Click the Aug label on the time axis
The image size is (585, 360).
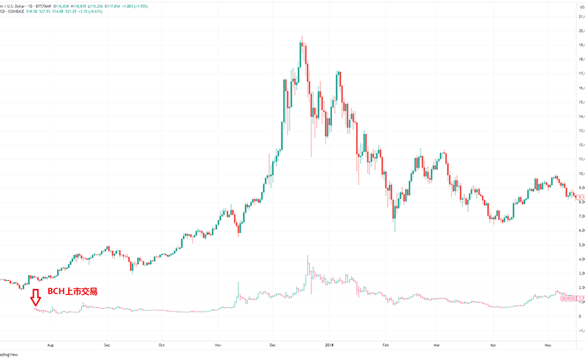coord(50,343)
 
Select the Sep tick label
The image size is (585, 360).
coord(107,343)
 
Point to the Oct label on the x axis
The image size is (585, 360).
coord(162,343)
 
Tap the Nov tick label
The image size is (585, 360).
coord(218,343)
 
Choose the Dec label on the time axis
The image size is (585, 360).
coord(273,343)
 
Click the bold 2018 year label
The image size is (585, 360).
coord(329,343)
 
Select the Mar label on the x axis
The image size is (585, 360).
coord(437,343)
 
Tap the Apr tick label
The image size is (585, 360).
coord(493,343)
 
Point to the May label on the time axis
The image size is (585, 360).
coord(548,343)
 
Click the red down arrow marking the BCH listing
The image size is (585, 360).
coord(35,296)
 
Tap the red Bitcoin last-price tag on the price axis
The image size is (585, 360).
coord(578,197)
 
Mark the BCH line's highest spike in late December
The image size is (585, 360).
coord(308,257)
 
